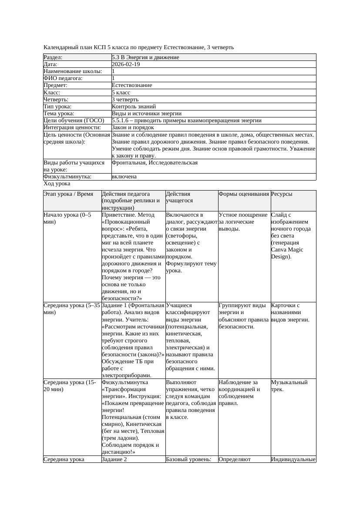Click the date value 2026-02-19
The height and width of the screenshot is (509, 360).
[x=126, y=64]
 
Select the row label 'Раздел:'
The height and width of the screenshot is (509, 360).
[x=53, y=57]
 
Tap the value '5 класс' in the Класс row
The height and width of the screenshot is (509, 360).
[x=121, y=93]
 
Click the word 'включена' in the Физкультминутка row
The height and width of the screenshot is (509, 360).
[x=124, y=177]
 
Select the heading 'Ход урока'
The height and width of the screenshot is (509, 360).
[x=57, y=184]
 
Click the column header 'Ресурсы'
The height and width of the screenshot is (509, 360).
[x=282, y=194]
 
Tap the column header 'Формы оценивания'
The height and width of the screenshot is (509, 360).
[x=244, y=194]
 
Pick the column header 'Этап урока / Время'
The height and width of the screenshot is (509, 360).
[x=68, y=194]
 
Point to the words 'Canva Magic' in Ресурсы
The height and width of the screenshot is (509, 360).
[x=287, y=250]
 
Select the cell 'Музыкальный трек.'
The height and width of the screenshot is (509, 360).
[x=289, y=385]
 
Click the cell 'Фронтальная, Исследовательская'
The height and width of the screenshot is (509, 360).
[x=155, y=163]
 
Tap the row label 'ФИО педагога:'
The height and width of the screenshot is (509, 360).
[x=64, y=78]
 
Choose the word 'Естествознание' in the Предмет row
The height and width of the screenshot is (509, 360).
[x=132, y=85]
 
